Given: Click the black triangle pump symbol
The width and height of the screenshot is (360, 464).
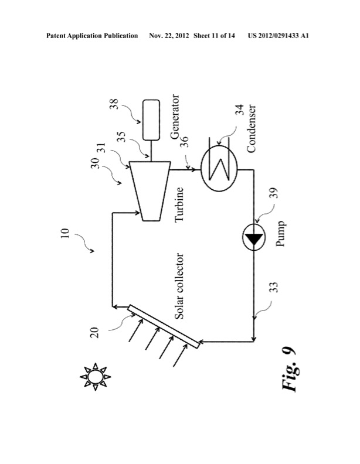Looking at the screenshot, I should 253,238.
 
